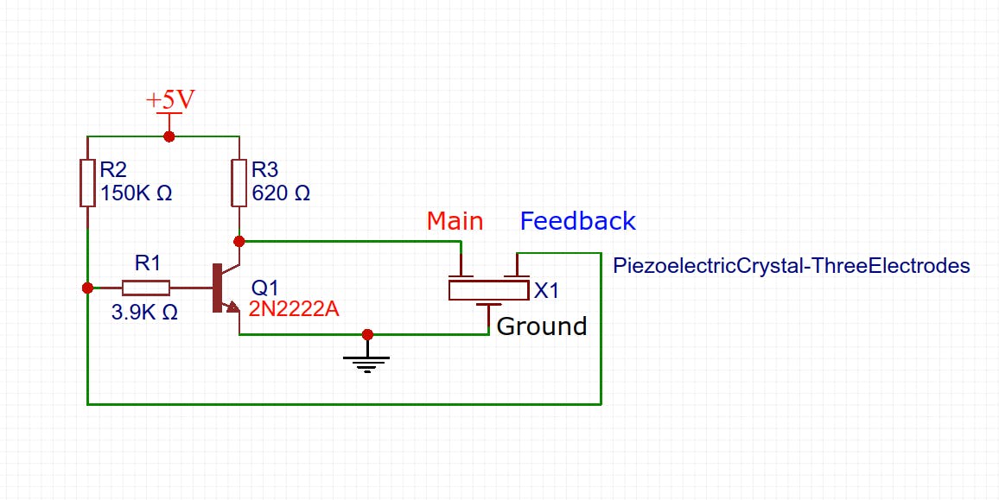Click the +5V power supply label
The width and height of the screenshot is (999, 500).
point(170,99)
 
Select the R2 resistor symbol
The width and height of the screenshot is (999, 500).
point(87,182)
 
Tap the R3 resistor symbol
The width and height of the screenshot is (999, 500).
point(239,182)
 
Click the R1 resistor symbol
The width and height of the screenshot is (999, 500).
point(145,288)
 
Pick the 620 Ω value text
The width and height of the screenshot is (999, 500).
point(280,193)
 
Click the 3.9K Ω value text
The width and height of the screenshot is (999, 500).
point(144,313)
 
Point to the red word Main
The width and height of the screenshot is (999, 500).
point(455,221)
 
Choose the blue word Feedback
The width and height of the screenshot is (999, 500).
point(577,221)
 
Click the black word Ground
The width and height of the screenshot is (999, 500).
point(542,326)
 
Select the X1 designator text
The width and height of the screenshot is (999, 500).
point(547,291)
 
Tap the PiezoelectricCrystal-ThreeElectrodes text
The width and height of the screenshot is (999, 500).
point(791,266)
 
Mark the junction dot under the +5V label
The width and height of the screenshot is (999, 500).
point(169,136)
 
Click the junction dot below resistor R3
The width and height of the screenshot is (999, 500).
point(239,241)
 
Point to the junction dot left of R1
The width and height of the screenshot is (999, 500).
point(87,288)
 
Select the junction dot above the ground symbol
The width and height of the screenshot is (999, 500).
point(368,334)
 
